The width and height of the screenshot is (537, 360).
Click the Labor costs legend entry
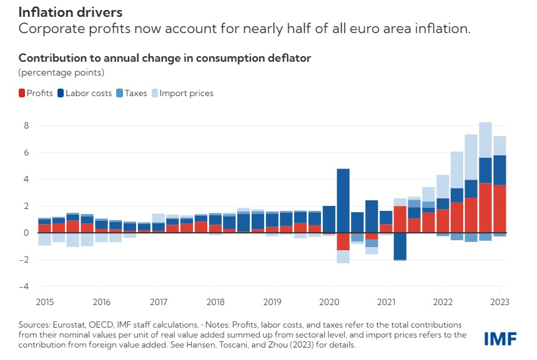click(85, 93)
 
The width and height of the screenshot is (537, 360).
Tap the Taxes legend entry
click(132, 93)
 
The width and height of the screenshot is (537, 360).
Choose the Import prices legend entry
click(182, 93)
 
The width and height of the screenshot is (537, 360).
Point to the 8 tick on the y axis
click(26, 125)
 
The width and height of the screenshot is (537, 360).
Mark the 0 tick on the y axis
click(26, 233)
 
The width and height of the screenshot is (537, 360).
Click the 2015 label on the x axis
click(44, 302)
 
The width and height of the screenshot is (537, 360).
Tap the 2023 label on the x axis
click(500, 302)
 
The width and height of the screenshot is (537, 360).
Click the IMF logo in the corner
click(501, 338)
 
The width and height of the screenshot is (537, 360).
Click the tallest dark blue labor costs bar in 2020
click(343, 200)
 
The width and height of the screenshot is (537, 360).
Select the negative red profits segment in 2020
click(343, 241)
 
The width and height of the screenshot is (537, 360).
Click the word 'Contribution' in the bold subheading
click(49, 58)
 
